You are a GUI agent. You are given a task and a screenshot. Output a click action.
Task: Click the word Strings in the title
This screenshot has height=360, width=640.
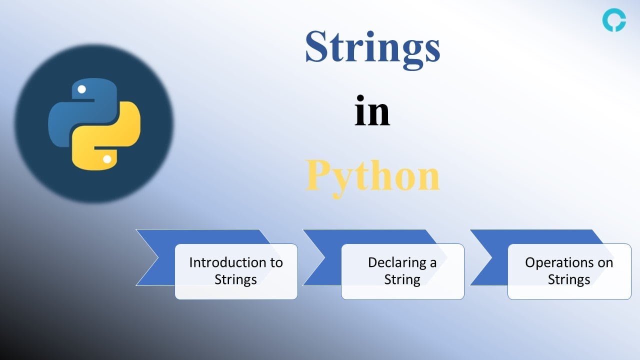(372, 47)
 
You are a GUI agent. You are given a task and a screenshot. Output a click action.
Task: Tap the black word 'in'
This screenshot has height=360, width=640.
(372, 113)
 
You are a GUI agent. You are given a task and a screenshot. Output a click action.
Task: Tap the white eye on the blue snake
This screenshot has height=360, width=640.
(81, 90)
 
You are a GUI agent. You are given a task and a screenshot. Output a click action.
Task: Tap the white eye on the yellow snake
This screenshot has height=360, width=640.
(107, 159)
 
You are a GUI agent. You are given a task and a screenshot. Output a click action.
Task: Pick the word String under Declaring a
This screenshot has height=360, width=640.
(402, 279)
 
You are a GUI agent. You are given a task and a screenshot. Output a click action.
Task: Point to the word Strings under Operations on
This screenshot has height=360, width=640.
(569, 279)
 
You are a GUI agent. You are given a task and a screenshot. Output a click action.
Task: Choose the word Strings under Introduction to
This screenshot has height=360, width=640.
(235, 279)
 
